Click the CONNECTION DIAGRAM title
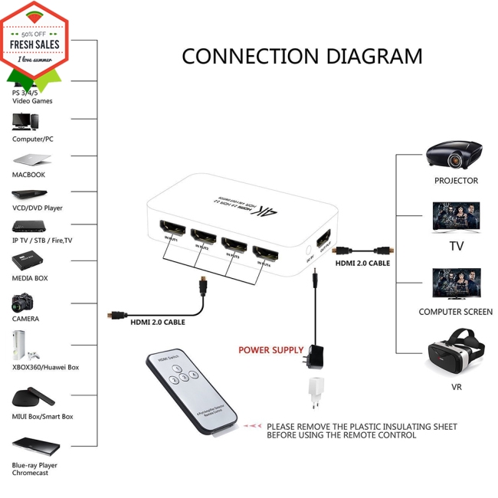pos(302,57)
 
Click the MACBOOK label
pos(28,175)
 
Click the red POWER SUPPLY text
pos(270,350)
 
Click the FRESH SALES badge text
pos(34,44)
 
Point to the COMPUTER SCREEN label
pos(455,312)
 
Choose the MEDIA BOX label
pos(30,278)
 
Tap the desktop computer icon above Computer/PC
pos(25,121)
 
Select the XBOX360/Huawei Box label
pos(45,367)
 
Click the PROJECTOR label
pos(456,181)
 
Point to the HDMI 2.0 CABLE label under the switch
pos(157,322)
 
